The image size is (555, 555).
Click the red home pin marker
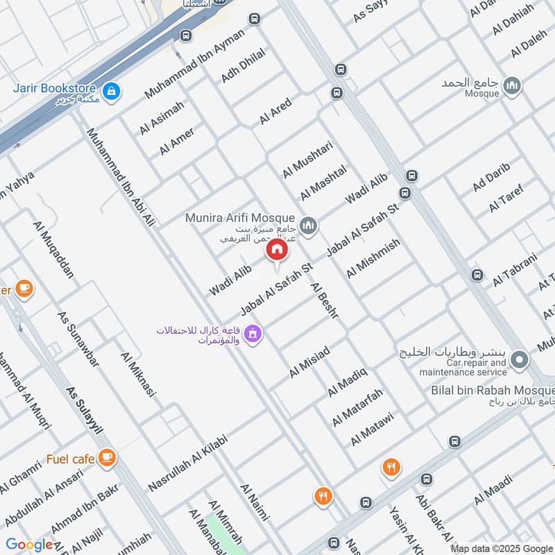(276, 250)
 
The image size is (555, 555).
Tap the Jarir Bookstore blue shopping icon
(110, 90)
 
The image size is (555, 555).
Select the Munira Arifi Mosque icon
(309, 225)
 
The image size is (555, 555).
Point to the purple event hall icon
(253, 334)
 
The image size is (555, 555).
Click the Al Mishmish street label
(374, 258)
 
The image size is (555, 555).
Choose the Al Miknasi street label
(139, 374)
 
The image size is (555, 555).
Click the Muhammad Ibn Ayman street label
(195, 63)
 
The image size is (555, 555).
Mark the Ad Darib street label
(491, 177)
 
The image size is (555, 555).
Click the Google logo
(29, 545)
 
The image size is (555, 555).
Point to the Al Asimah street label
(162, 118)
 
